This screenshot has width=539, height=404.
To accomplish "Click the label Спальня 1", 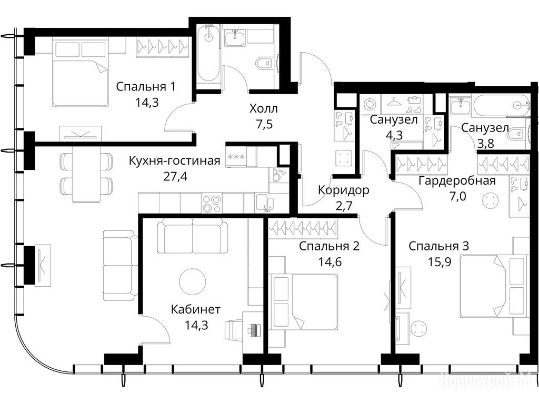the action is tap(146, 87).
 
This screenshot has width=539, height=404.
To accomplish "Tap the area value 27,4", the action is tap(176, 176).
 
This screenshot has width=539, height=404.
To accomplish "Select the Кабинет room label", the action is tap(196, 309).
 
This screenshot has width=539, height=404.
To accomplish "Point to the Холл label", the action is tap(263, 109).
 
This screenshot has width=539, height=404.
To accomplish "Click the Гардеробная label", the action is tap(457, 181).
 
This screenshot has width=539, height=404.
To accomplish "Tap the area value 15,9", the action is tap(440, 262).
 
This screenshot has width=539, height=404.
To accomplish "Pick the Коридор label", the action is tap(343, 190).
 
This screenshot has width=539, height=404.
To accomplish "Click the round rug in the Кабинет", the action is tap(193, 281).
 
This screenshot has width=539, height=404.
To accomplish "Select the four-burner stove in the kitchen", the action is tap(211, 204).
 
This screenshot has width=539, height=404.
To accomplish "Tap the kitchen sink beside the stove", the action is tap(264, 203).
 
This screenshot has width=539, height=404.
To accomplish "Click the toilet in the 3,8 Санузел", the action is tap(518, 134).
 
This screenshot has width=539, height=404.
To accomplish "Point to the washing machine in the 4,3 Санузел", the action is tap(370, 104).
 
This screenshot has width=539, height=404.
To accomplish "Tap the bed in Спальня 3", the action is tap(493, 286).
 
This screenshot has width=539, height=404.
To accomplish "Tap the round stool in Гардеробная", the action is tap(490, 199).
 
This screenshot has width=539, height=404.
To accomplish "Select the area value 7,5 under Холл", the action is tap(264, 124).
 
